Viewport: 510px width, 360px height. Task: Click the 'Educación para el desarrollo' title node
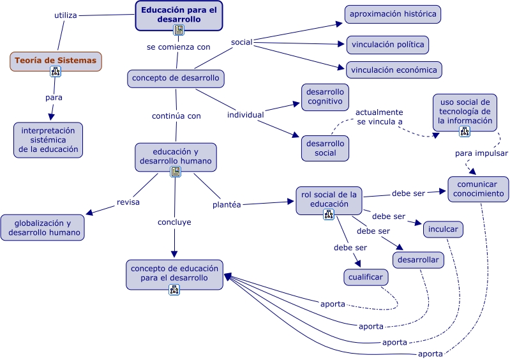pos(179,15)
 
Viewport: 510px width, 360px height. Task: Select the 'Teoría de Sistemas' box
pos(56,61)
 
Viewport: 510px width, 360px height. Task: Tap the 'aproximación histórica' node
pos(393,14)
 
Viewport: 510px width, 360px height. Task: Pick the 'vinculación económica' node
pos(393,70)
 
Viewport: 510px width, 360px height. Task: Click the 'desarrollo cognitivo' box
pos(325,96)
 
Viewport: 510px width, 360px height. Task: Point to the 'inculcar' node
pos(442,229)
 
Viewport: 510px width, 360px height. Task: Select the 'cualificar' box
pos(366,277)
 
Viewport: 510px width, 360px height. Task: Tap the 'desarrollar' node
pos(418,260)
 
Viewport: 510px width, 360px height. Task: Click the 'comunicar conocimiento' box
pos(478,189)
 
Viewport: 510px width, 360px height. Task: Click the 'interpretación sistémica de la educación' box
pos(49,140)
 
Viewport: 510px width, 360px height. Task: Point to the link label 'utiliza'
pos(66,15)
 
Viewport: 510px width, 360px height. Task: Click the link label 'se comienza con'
pos(178,47)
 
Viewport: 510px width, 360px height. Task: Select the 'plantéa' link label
pos(227,205)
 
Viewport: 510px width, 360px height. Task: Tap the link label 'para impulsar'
pos(481,153)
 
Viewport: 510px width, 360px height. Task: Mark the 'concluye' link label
pos(174,222)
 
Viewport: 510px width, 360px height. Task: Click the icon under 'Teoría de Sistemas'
pos(56,72)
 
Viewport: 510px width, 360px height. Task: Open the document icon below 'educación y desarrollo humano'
pos(175,172)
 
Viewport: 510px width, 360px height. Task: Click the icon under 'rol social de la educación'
pos(329,214)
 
